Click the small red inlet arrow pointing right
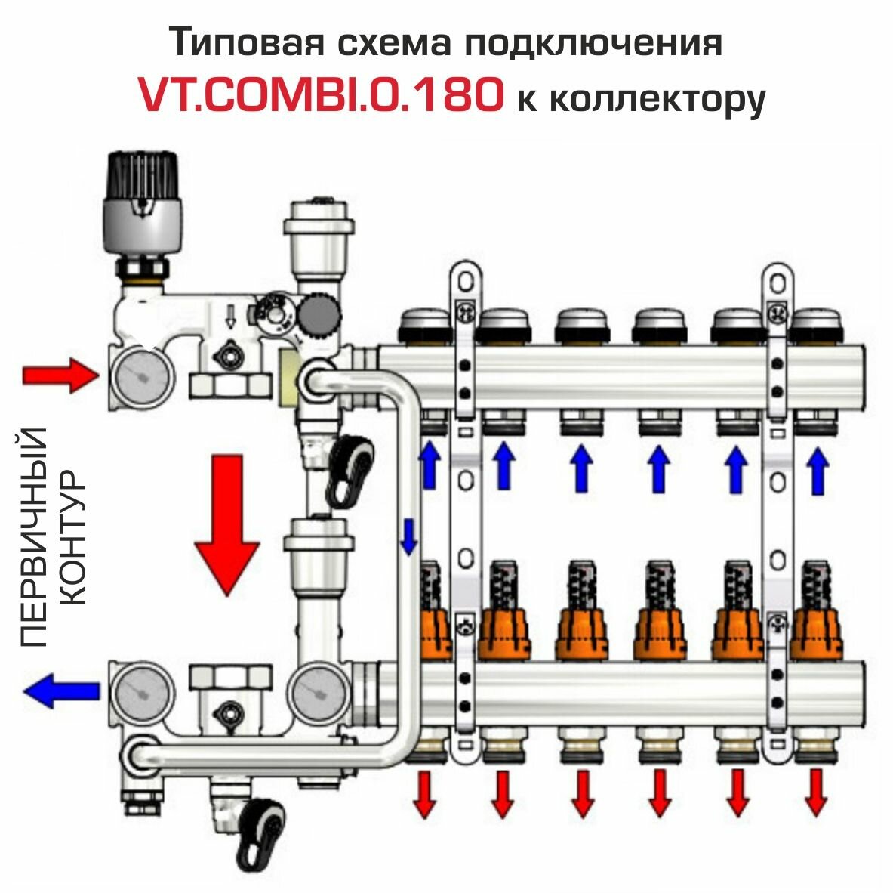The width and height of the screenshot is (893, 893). point(56,375)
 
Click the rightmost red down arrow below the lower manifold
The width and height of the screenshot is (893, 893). point(815,793)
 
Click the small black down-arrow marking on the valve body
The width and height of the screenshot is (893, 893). point(231,317)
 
